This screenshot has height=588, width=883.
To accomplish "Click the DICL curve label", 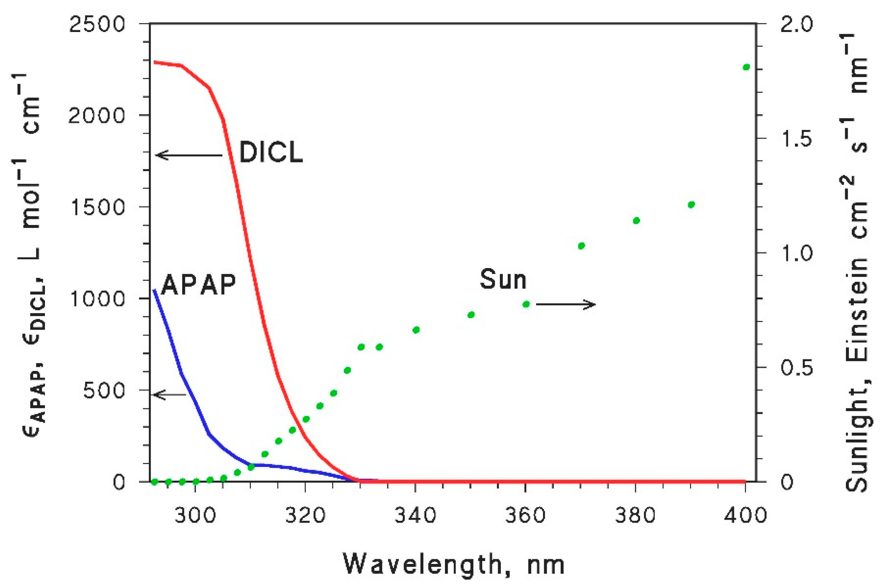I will [271, 152].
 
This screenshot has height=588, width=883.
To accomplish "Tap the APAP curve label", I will [198, 285].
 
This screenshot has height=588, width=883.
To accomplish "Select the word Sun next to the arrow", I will [503, 280].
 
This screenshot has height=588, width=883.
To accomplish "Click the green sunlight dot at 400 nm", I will [746, 67].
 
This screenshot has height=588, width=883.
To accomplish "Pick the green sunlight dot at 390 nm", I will [691, 205].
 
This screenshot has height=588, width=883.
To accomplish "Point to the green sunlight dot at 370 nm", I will [581, 246].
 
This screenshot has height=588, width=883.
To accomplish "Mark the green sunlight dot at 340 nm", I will [416, 330].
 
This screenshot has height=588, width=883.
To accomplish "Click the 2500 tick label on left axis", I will [97, 24].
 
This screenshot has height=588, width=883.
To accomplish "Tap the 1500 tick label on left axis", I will [97, 207].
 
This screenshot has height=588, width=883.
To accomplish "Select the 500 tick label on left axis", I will [104, 390].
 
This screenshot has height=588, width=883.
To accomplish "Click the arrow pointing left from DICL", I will [189, 155].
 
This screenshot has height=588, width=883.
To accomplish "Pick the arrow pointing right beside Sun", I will [565, 304].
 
